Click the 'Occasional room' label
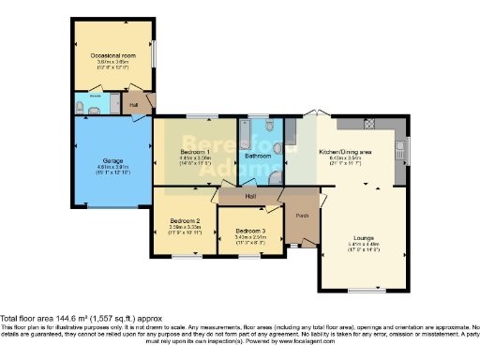click(113, 57)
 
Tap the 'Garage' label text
click(113, 161)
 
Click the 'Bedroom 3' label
click(249, 230)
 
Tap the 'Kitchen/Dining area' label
click(345, 152)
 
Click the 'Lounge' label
click(363, 237)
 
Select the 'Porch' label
click(302, 216)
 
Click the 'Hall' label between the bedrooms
click(251, 195)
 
